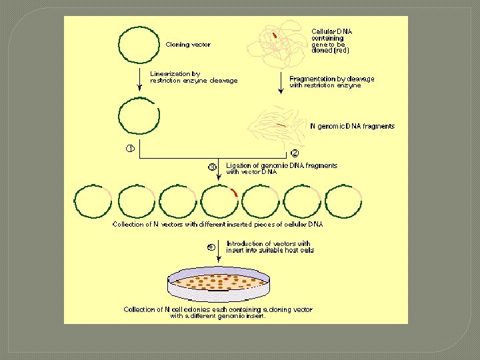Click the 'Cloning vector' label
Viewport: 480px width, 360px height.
coord(188,45)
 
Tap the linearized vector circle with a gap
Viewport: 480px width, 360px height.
coord(139,116)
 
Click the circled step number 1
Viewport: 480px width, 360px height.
coord(131,148)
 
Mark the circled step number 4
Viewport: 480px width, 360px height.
coord(211,247)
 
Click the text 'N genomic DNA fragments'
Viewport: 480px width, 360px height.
coord(352,126)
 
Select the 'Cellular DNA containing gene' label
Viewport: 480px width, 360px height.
coord(332,40)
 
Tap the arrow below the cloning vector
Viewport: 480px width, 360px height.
coord(139,78)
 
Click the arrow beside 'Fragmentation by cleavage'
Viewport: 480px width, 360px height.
coord(281,82)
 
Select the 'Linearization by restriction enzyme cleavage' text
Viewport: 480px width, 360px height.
coord(193,77)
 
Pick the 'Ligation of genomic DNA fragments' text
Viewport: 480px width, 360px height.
coord(281,168)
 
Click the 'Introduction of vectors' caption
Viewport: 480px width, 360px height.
coord(269,247)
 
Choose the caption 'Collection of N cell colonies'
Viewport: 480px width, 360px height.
coord(217,313)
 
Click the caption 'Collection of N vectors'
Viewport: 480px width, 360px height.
coord(217,225)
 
